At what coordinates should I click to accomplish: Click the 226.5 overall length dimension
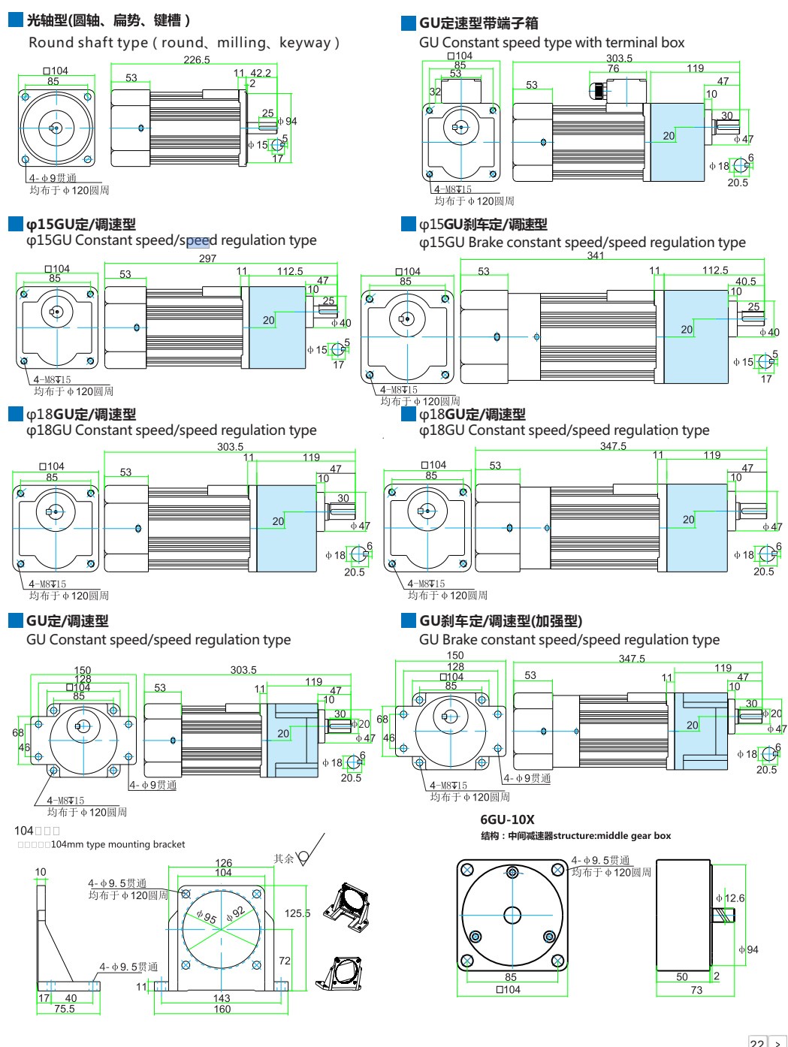(197, 60)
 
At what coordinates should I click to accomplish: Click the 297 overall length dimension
(207, 258)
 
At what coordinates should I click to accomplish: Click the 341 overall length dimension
(596, 255)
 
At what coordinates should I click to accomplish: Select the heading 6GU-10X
(507, 819)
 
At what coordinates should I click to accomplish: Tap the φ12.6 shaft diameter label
(730, 898)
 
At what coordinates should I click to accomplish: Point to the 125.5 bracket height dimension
(297, 913)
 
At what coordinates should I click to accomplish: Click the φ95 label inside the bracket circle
(207, 917)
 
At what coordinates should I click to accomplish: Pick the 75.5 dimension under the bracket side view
(65, 1009)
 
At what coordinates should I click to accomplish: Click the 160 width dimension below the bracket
(222, 1009)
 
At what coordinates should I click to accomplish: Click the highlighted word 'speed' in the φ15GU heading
(198, 240)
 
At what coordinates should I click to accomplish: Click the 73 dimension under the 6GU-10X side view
(696, 990)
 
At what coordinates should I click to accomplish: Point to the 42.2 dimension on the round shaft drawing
(261, 73)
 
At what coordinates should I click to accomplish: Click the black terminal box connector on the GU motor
(599, 90)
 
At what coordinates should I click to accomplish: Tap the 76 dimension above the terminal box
(614, 68)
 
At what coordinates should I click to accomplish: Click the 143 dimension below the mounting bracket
(222, 998)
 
